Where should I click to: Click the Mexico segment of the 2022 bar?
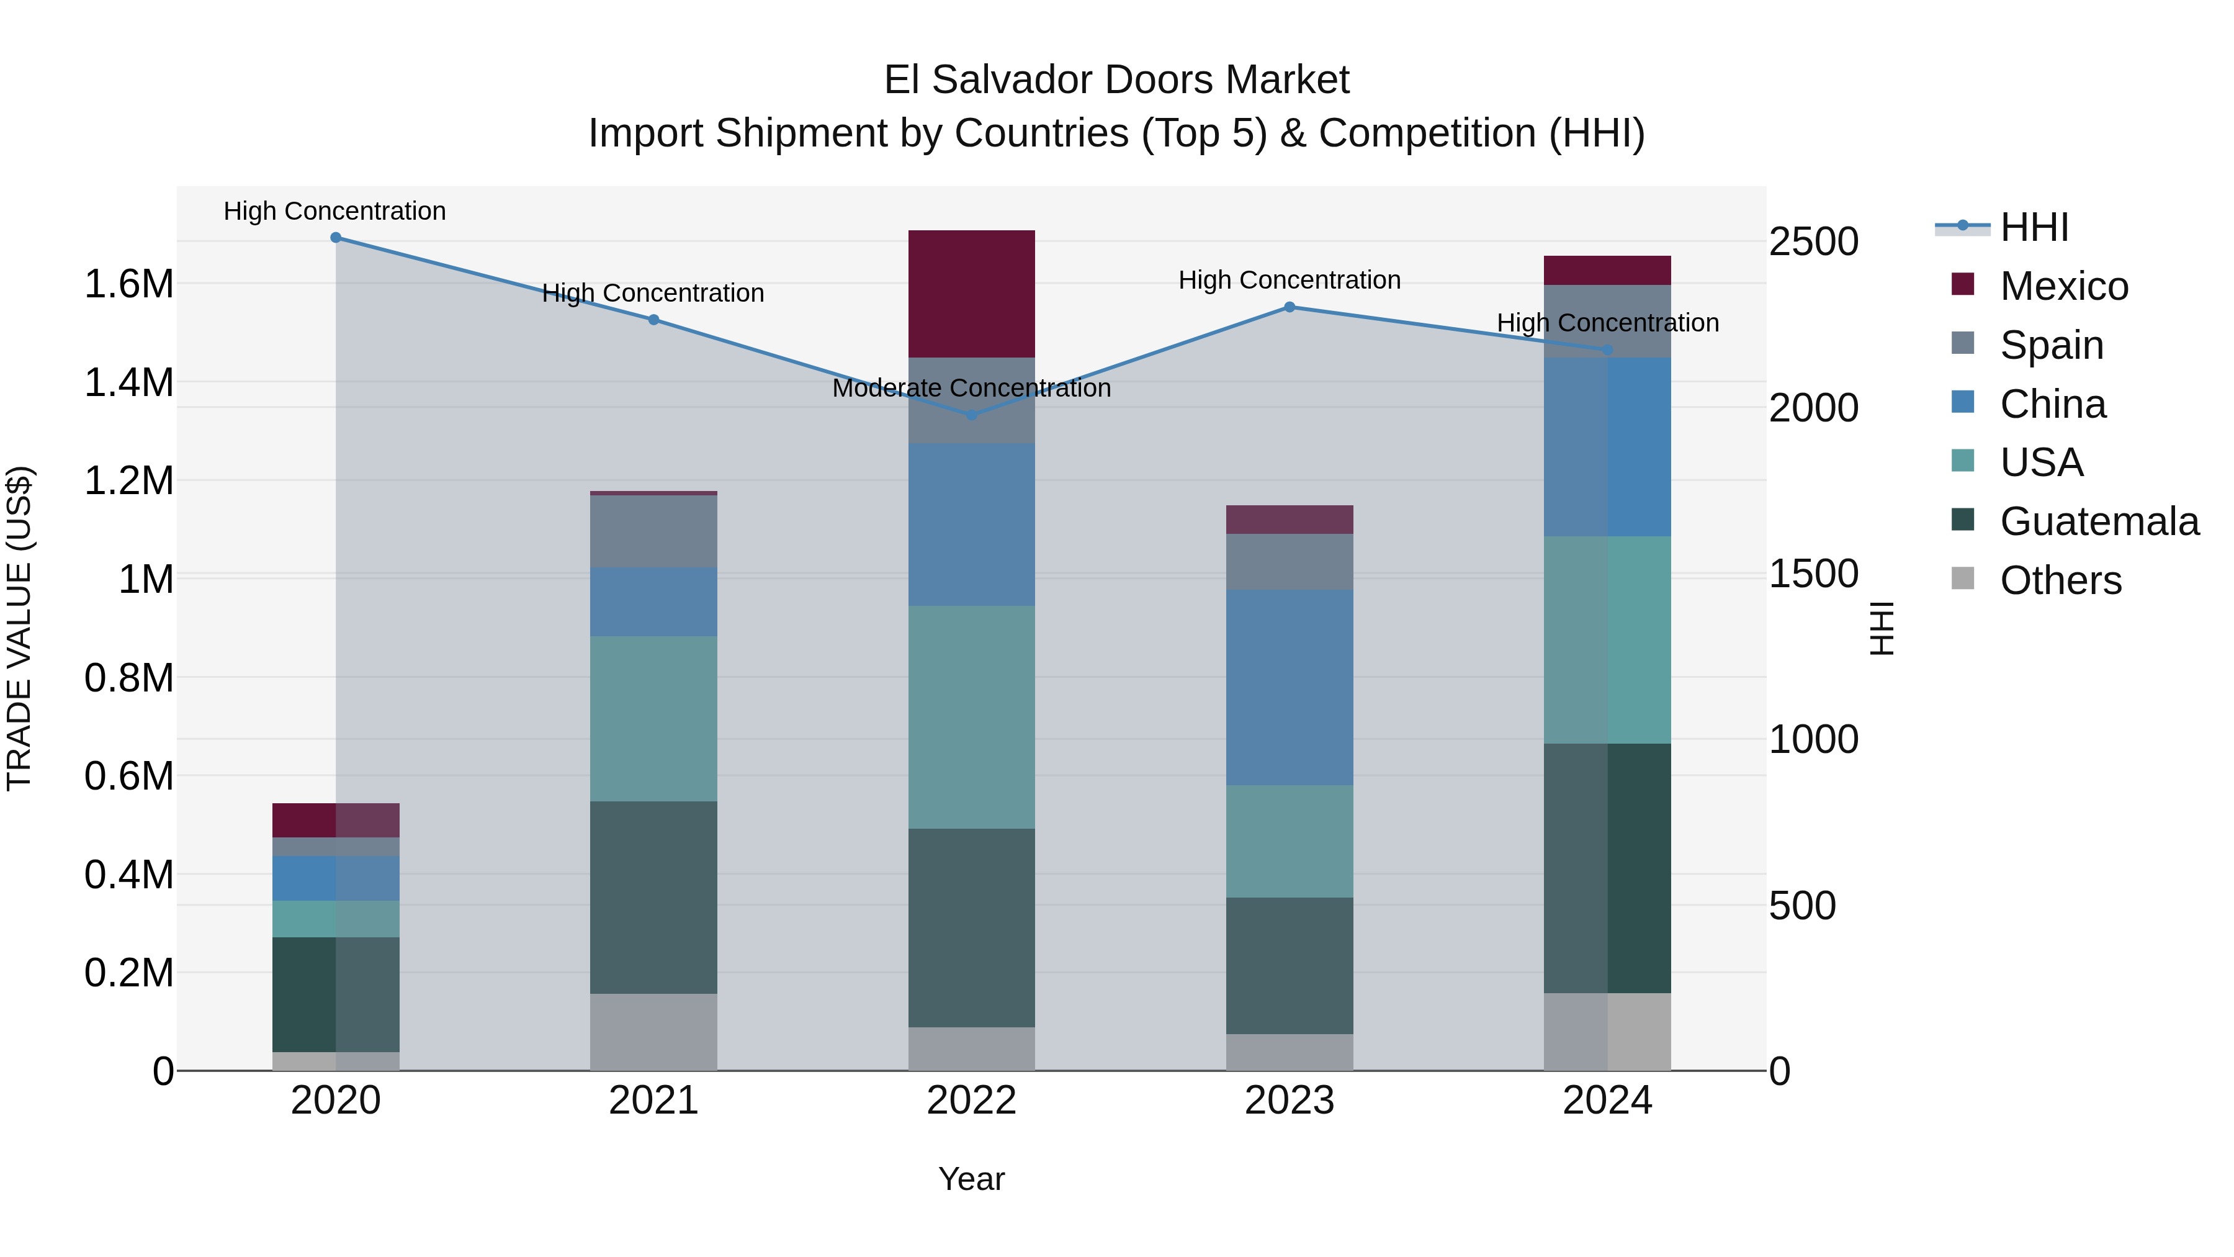click(x=971, y=293)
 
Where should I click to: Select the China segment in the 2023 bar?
click(x=1289, y=687)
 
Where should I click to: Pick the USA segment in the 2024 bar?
click(x=1607, y=639)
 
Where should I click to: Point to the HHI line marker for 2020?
click(x=336, y=238)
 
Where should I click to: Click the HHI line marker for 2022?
click(x=971, y=415)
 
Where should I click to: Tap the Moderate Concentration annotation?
click(x=971, y=388)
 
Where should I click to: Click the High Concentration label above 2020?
click(x=334, y=211)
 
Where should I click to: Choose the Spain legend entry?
click(x=2051, y=345)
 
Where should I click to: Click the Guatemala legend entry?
click(x=2099, y=521)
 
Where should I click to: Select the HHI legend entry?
click(x=2034, y=227)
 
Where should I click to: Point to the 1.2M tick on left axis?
click(x=128, y=480)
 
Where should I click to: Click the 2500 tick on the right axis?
click(x=1813, y=241)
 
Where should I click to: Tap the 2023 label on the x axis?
click(x=1289, y=1101)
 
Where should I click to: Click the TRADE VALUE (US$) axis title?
click(x=19, y=628)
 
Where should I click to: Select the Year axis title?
click(x=971, y=1179)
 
